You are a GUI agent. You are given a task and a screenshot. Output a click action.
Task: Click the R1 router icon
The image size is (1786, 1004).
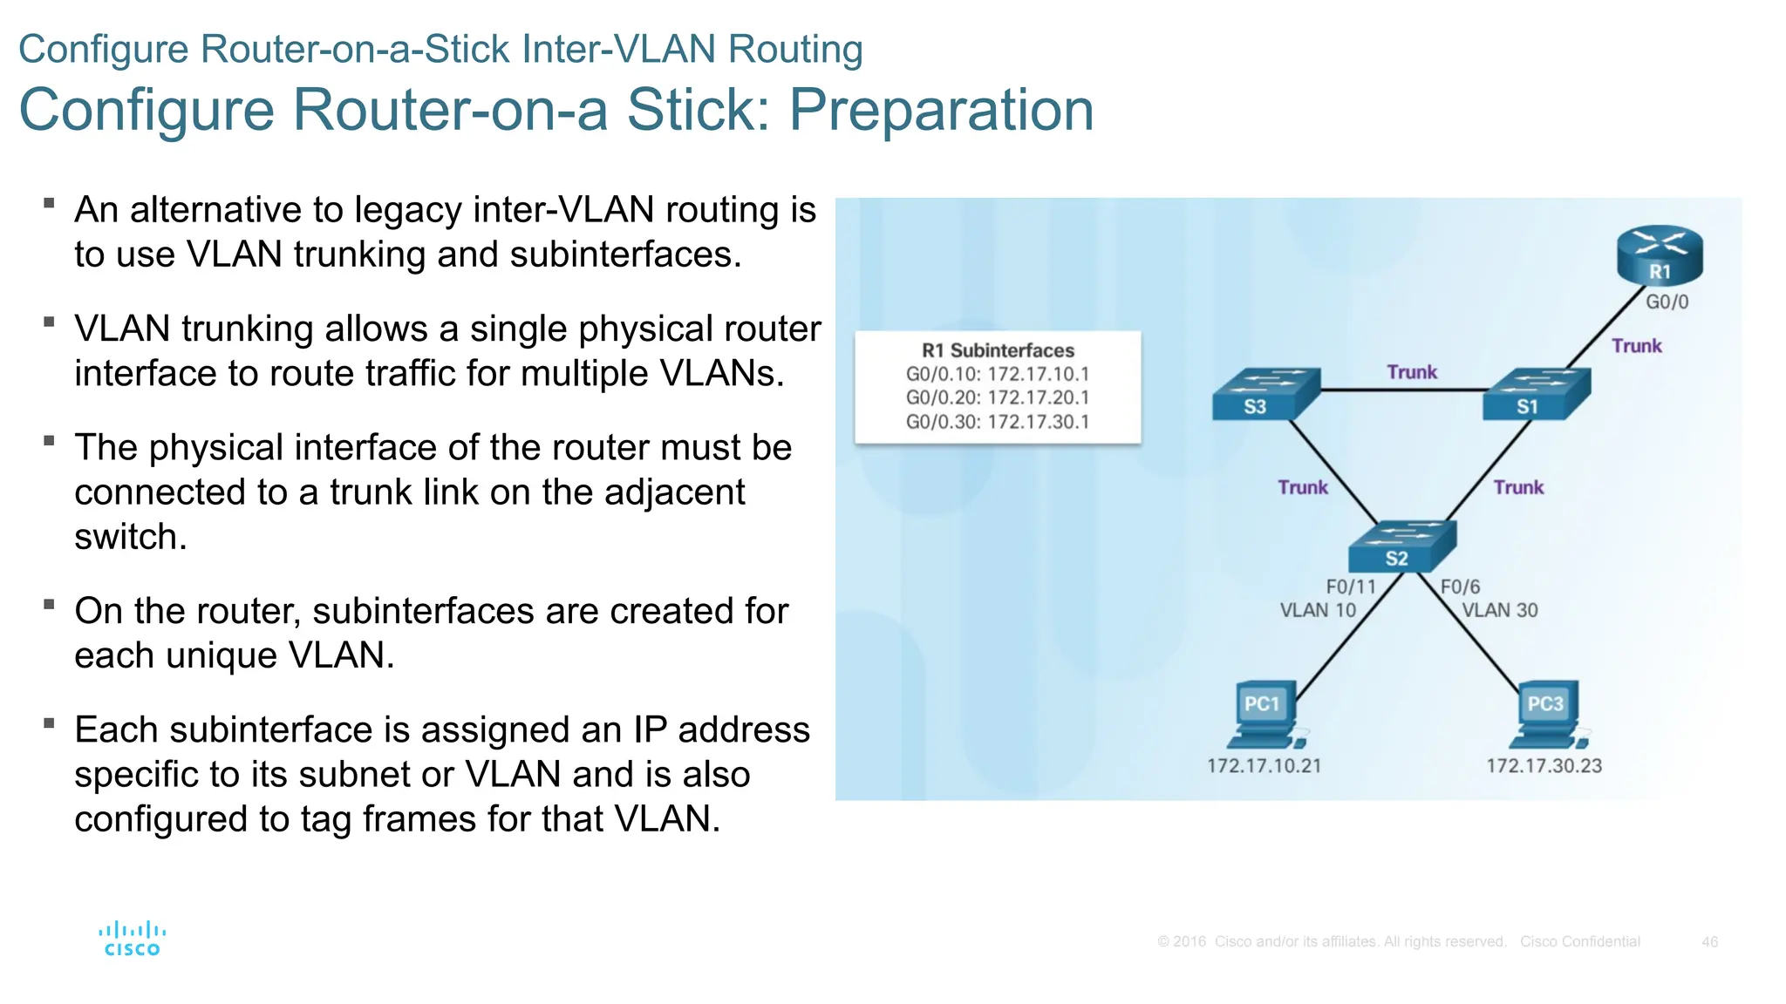[1659, 255]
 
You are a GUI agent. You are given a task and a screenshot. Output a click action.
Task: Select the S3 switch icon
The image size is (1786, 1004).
[1265, 395]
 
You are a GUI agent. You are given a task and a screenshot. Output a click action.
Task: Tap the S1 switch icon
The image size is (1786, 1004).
[1537, 395]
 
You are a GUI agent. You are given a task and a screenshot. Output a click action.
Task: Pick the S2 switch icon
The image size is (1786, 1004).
[1401, 546]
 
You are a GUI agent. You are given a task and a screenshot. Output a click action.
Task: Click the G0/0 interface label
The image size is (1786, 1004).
[1667, 302]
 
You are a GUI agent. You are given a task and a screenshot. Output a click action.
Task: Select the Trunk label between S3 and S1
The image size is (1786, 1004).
[1412, 372]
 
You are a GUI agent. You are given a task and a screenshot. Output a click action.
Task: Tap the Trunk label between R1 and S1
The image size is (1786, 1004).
[1636, 346]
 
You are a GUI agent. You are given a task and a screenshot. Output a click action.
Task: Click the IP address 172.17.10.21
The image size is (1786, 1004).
[1264, 766]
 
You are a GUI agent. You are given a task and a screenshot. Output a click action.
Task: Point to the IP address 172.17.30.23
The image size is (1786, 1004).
[1544, 766]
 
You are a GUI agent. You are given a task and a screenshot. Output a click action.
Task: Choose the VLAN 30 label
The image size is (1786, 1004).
[1499, 610]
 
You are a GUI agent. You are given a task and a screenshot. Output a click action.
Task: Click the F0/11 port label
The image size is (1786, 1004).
[1350, 587]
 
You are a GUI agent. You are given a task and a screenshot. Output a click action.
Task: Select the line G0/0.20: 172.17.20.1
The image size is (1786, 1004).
[998, 397]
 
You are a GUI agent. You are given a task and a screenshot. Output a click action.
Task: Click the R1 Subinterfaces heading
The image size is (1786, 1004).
[998, 350]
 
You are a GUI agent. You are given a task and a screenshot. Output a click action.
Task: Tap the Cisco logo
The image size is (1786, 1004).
[132, 939]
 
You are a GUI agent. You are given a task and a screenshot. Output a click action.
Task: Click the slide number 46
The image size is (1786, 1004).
[1709, 942]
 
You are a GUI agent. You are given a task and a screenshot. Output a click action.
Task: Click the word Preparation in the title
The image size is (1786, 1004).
[941, 110]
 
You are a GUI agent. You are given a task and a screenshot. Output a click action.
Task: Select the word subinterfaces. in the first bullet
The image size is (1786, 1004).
[625, 254]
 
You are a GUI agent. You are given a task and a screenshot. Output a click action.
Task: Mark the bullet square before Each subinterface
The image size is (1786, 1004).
[50, 722]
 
